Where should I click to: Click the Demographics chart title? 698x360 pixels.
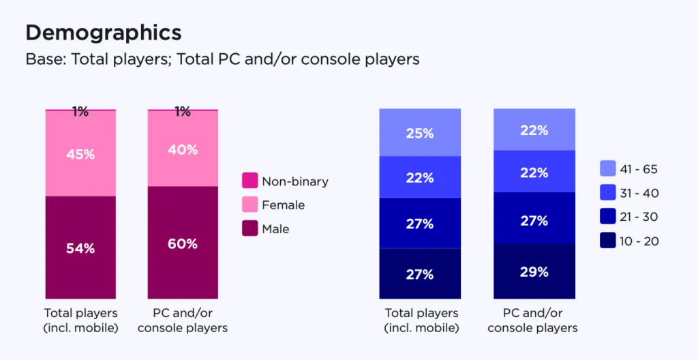coord(103,33)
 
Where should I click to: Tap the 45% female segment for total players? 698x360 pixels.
coord(80,153)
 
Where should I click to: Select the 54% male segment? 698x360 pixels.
coord(80,247)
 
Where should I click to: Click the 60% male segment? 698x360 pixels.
coord(183,243)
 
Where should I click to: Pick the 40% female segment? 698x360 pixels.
coord(183,149)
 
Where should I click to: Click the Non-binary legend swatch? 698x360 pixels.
coord(250,181)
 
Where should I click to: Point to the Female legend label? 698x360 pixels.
coord(283,205)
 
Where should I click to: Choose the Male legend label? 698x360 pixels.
coord(275,229)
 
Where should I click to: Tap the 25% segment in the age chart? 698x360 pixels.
coord(420,133)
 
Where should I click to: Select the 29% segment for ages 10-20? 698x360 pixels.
coord(534,271)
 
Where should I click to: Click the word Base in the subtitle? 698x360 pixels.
coord(42,59)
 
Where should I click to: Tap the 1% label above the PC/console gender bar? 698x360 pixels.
coord(183,112)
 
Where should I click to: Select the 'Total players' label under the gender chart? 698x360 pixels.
coord(80,320)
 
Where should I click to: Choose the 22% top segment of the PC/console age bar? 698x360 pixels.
coord(534,130)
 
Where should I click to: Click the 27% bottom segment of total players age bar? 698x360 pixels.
coord(420,274)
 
